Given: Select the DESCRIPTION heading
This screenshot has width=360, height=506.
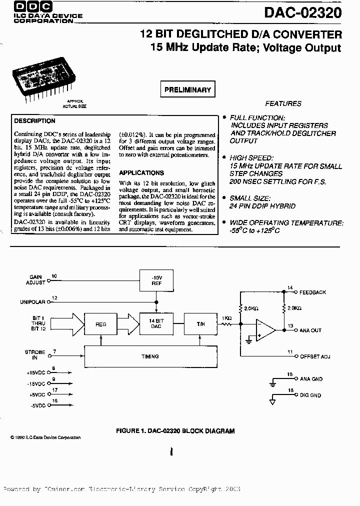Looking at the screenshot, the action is (x=35, y=121).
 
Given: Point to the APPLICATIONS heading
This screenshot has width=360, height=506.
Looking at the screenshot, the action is (x=142, y=172).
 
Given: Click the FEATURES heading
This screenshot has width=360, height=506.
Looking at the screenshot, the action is (x=283, y=104).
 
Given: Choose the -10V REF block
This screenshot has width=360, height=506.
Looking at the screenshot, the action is (x=156, y=279).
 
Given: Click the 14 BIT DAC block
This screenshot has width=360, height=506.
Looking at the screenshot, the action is (x=156, y=322).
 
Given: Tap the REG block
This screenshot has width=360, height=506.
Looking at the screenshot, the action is (x=101, y=323).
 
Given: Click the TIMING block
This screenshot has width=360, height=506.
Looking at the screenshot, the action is (x=150, y=356).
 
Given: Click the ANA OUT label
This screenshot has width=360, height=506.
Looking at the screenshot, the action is (x=310, y=330).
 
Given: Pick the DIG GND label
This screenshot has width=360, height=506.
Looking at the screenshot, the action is (x=311, y=396).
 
